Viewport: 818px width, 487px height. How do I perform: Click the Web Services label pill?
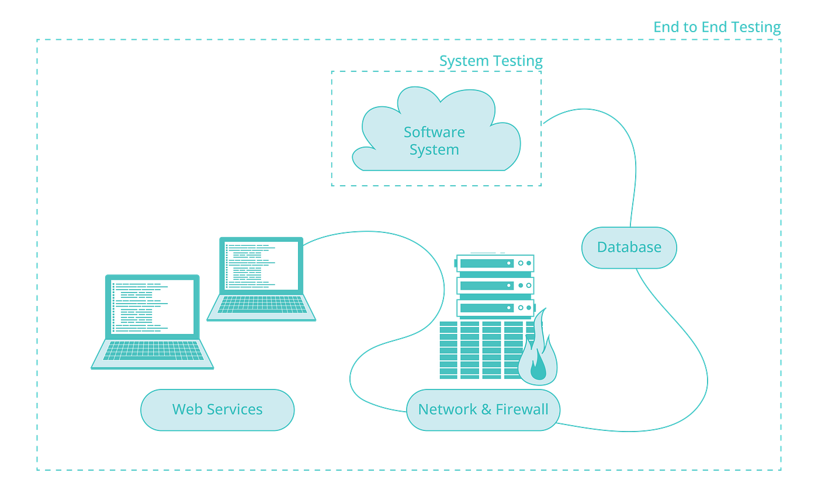pos(217,410)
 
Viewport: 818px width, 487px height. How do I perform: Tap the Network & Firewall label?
pos(483,410)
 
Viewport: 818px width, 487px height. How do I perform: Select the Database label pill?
pos(629,247)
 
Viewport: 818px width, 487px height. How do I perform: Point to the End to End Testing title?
pos(716,27)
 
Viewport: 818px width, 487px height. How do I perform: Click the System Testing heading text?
pos(491,61)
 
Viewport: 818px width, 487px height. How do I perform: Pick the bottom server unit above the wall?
pos(494,308)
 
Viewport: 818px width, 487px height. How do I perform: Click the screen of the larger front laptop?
pos(152,307)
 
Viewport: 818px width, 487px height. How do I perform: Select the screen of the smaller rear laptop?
pos(261,265)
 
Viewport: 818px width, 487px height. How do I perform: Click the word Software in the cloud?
pos(434,133)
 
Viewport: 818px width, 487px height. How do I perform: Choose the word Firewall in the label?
pos(522,410)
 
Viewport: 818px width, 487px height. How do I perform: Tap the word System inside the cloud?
pos(434,150)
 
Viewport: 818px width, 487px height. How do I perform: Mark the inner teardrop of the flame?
pos(538,368)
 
